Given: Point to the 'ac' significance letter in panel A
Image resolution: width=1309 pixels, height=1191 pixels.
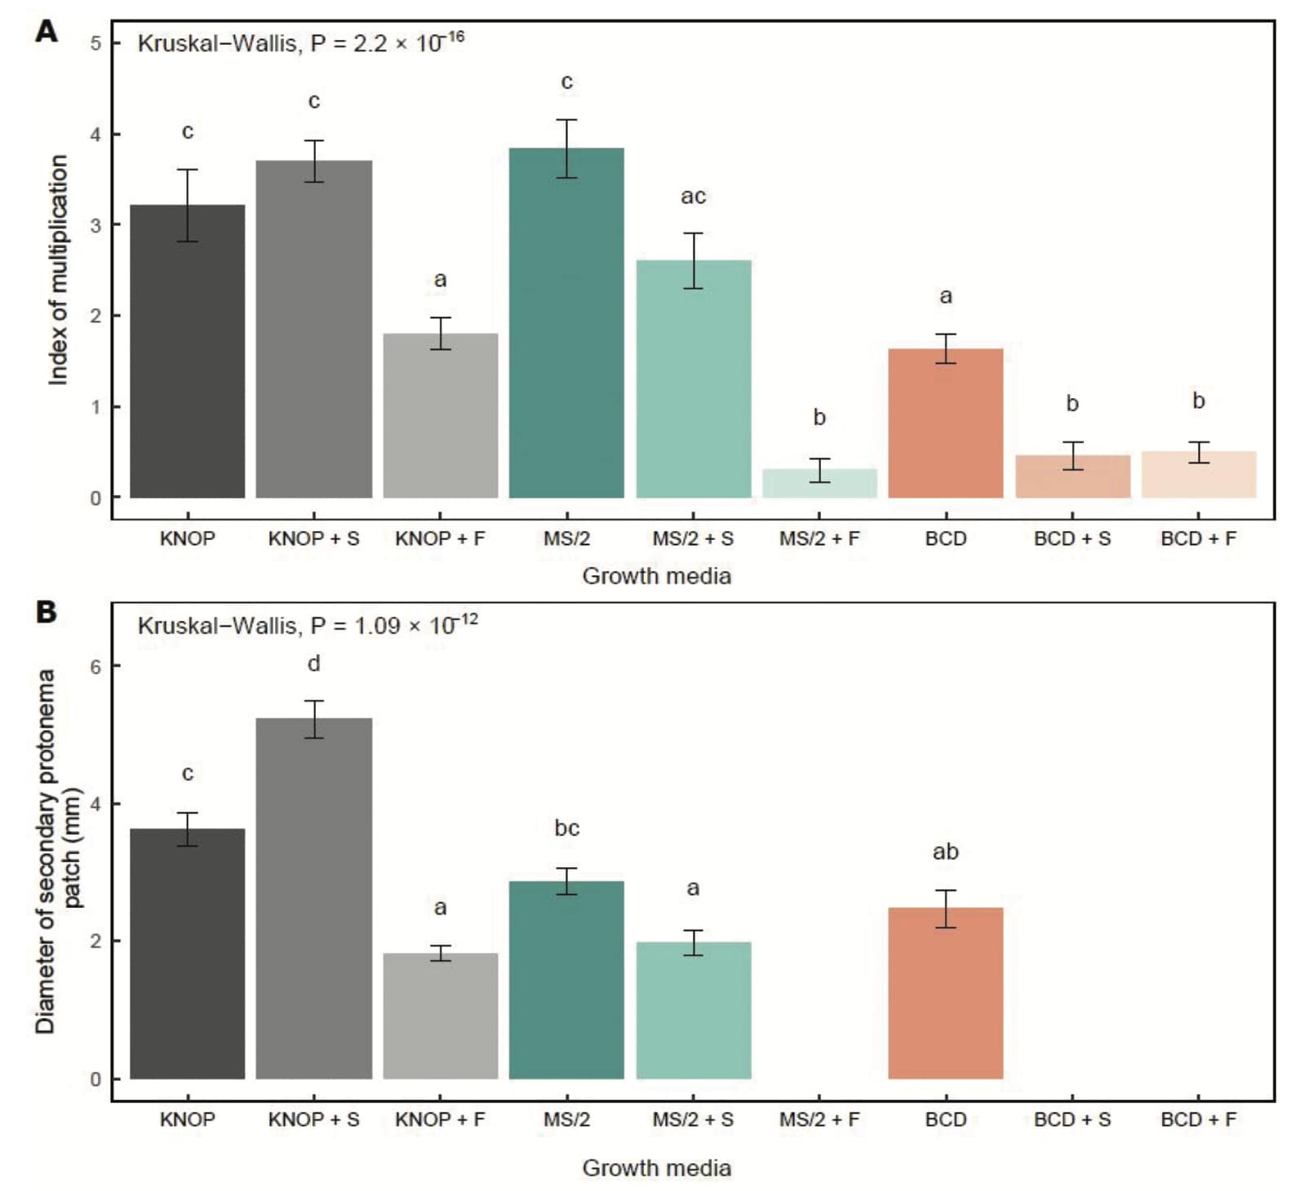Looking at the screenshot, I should pyautogui.click(x=693, y=197).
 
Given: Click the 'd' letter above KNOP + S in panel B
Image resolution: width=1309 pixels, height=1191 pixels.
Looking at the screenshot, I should pyautogui.click(x=313, y=664).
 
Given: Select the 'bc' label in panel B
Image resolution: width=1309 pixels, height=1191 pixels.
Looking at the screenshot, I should pyautogui.click(x=566, y=828).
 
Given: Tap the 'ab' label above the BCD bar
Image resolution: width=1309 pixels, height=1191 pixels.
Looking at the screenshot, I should pyautogui.click(x=945, y=852).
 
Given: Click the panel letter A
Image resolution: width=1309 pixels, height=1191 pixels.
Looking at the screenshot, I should pyautogui.click(x=47, y=32).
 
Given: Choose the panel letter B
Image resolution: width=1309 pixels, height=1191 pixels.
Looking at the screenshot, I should pyautogui.click(x=47, y=612).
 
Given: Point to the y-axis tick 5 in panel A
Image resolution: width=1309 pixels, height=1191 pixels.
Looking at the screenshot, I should pyautogui.click(x=95, y=43).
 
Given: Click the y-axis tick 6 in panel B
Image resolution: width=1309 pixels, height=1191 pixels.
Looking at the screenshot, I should pyautogui.click(x=95, y=666).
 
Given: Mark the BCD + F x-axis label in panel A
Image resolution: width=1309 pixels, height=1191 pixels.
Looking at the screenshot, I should pyautogui.click(x=1198, y=538).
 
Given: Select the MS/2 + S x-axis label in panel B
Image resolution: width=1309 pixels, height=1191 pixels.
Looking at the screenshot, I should pyautogui.click(x=693, y=1119).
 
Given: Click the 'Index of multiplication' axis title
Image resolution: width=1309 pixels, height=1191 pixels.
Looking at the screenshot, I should pyautogui.click(x=58, y=269).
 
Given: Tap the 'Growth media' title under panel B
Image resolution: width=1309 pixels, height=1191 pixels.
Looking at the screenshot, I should pyautogui.click(x=656, y=1167).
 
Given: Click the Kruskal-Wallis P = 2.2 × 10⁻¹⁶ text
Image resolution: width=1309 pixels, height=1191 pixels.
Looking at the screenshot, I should pyautogui.click(x=300, y=42).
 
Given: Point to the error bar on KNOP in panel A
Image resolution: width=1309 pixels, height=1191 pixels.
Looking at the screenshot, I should pyautogui.click(x=188, y=206).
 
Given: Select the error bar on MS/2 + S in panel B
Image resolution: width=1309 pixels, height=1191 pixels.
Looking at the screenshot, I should pyautogui.click(x=693, y=942).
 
